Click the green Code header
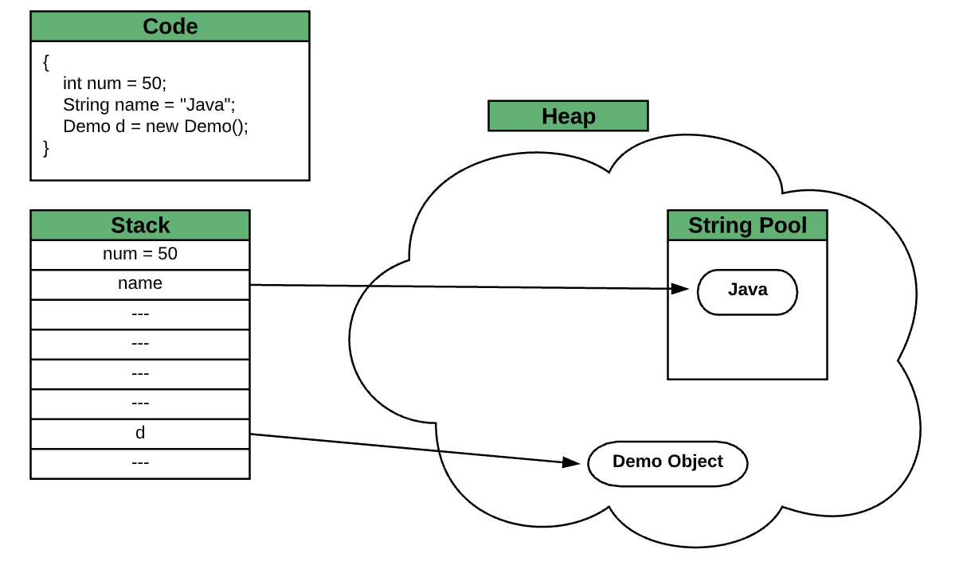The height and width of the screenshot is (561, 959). (x=170, y=26)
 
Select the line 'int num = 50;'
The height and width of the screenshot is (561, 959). (x=115, y=83)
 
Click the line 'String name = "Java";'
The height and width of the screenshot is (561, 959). (x=149, y=104)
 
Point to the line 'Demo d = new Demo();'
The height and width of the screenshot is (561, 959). (x=155, y=126)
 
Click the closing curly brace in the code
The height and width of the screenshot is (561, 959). (x=46, y=147)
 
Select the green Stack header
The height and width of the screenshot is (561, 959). (x=140, y=225)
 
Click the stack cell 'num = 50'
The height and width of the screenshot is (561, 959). (x=140, y=255)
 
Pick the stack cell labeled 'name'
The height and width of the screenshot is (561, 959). (x=140, y=284)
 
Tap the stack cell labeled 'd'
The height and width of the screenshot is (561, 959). (x=140, y=434)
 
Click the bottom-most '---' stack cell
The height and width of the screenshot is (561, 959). (x=140, y=463)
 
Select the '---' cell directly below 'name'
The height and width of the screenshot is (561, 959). (x=140, y=314)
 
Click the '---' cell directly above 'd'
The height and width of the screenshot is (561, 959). (x=140, y=403)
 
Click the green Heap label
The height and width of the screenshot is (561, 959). (x=568, y=116)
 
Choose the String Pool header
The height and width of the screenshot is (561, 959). (x=747, y=225)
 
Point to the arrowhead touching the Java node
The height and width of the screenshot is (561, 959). (x=679, y=289)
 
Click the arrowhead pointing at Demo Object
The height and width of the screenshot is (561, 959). (x=571, y=462)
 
